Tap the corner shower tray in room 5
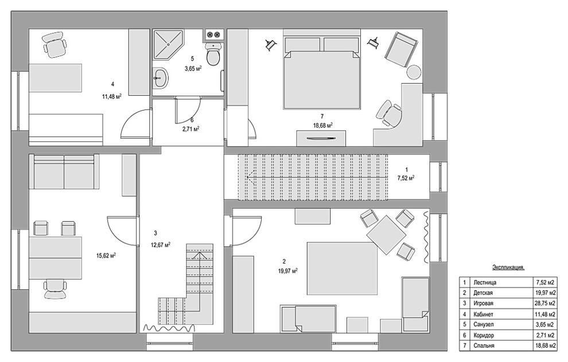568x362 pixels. pyautogui.click(x=168, y=44)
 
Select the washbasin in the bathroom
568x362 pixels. pyautogui.click(x=159, y=78)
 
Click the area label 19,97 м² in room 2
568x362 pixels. pyautogui.click(x=288, y=270)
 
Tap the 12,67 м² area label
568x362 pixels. pyautogui.click(x=161, y=245)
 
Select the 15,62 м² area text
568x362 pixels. pyautogui.click(x=106, y=255)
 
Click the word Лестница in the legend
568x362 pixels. pyautogui.click(x=484, y=282)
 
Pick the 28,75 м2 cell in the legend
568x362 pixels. pyautogui.click(x=546, y=304)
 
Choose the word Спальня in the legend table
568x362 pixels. pyautogui.click(x=484, y=346)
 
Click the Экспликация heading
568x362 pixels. pyautogui.click(x=508, y=267)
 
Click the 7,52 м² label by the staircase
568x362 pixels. pyautogui.click(x=406, y=178)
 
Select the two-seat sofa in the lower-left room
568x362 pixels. pyautogui.click(x=64, y=171)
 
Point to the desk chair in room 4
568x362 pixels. pyautogui.click(x=55, y=44)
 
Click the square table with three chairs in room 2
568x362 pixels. pyautogui.click(x=387, y=234)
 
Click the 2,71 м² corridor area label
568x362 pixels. pyautogui.click(x=191, y=128)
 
